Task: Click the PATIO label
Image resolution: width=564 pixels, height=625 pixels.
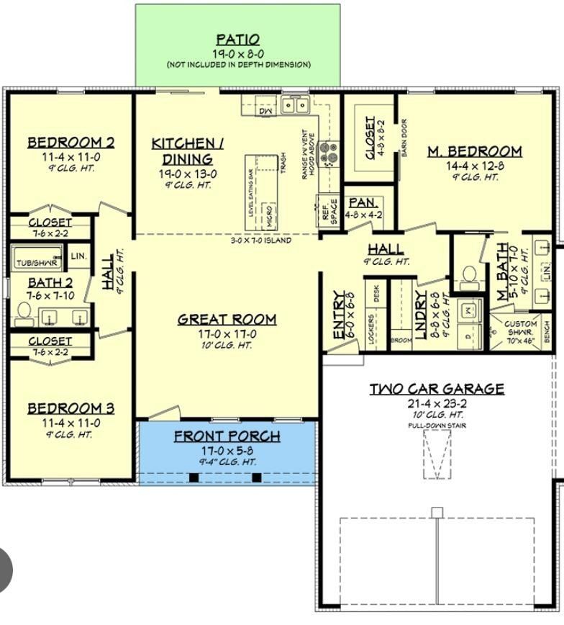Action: click(237, 40)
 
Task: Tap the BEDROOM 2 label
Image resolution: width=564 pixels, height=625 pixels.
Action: click(70, 143)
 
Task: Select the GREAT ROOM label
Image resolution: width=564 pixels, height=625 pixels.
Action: click(227, 319)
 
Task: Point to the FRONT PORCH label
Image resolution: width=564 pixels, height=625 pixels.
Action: click(227, 436)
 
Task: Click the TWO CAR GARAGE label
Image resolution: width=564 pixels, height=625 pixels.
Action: click(437, 389)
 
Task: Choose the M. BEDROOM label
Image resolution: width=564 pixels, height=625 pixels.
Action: click(474, 151)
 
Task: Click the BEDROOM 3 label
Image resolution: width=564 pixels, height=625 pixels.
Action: click(70, 409)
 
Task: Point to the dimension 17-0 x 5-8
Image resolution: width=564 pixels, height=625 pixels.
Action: click(227, 450)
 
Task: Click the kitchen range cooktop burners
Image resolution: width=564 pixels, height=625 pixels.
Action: click(328, 152)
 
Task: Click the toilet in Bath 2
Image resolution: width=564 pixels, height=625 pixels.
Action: click(23, 311)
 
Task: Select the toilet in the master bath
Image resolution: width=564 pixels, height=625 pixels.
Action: click(468, 274)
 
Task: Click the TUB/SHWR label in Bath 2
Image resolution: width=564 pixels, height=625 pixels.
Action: click(36, 264)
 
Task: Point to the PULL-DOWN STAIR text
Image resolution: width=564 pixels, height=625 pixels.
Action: click(437, 426)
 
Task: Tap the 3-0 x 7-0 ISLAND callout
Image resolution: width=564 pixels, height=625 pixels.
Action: click(260, 240)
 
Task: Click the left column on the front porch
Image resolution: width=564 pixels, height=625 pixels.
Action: click(194, 477)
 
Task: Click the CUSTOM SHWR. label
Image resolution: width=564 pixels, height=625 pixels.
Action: click(521, 328)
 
